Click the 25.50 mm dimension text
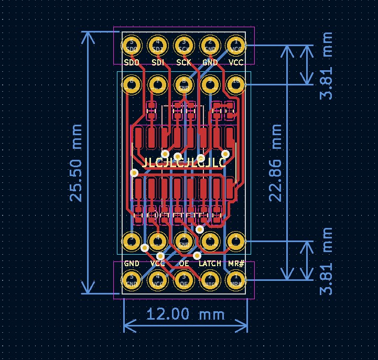77,163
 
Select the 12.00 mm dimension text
185,314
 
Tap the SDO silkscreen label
132,62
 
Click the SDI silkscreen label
157,62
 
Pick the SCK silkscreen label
183,62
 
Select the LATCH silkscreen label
210,263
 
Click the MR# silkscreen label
236,263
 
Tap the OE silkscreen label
183,263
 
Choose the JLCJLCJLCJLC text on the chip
184,162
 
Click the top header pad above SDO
132,46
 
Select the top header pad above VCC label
236,46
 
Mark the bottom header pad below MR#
236,280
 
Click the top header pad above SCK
183,46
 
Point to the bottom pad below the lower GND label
132,280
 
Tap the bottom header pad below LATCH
210,280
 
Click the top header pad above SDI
157,46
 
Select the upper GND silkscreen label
210,62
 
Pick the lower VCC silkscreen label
157,263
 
